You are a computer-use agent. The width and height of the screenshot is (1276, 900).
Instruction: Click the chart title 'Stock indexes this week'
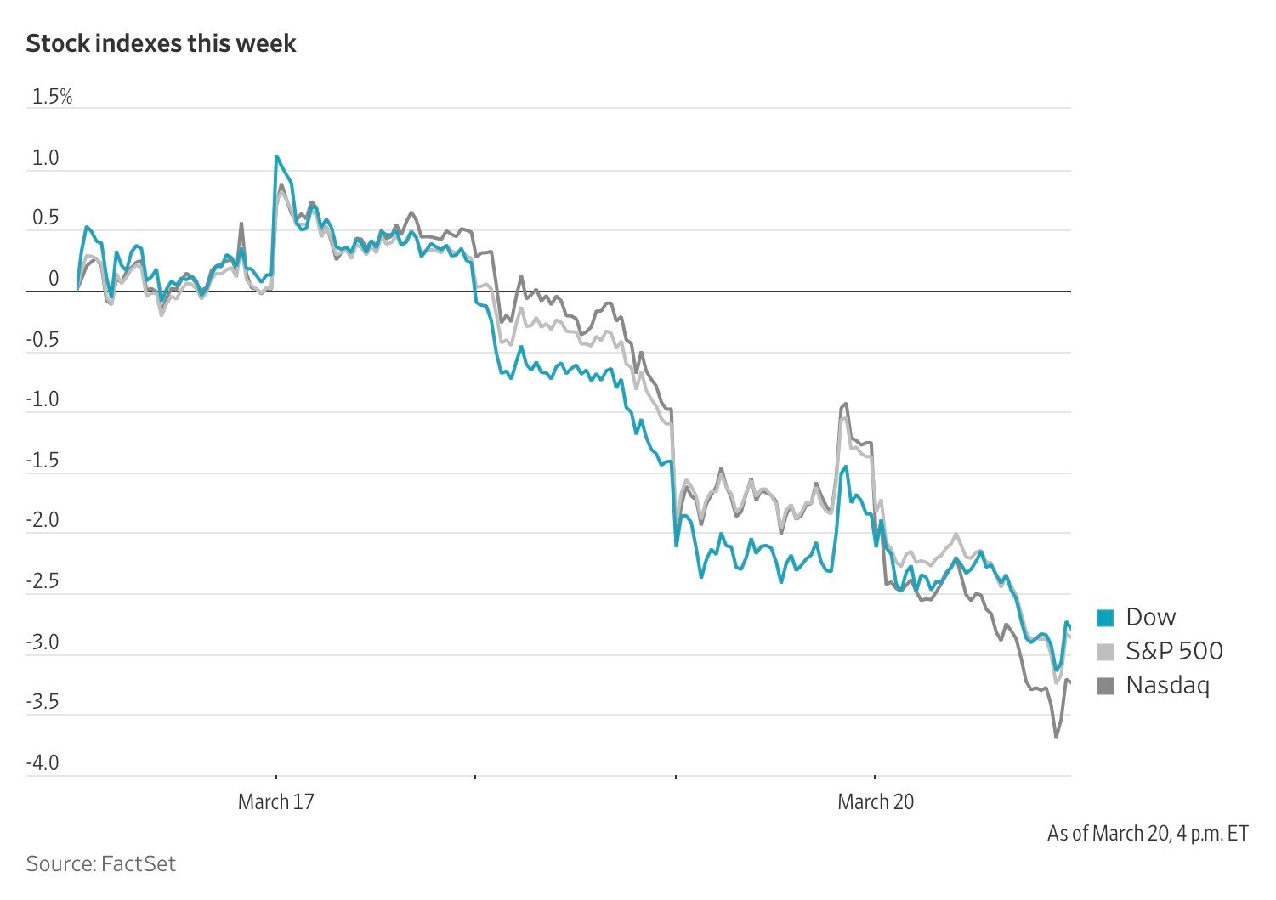161,43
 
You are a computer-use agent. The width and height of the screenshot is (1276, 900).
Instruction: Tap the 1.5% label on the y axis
52,97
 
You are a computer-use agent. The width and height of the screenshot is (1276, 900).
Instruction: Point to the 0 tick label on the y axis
54,279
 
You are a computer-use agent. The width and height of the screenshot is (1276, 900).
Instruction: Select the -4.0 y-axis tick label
42,762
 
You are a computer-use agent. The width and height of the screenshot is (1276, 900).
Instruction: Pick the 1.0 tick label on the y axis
45,158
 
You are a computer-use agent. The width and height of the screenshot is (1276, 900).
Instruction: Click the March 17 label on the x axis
275,801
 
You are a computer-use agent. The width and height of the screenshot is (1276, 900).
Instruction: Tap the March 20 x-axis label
876,801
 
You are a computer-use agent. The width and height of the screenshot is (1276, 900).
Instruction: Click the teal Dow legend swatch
1105,618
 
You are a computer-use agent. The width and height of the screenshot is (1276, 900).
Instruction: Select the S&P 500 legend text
1174,652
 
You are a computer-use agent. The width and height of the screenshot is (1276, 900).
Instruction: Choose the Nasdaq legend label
1167,685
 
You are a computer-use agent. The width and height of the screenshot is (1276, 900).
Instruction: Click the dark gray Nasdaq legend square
1105,686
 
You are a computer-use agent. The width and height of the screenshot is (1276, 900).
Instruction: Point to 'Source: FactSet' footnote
100,864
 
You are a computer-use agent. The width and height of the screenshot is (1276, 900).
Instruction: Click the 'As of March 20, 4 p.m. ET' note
1148,834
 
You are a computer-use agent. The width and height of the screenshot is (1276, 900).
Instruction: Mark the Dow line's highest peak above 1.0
276,156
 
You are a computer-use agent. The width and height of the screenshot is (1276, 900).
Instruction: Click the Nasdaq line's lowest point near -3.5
1056,736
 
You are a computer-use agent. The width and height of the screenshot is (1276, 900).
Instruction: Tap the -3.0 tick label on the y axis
42,642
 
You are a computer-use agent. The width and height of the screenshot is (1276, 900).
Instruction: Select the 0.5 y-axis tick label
45,218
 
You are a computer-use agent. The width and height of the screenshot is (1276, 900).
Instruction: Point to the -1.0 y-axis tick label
42,399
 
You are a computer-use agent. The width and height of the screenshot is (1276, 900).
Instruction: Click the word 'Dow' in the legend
1150,617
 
